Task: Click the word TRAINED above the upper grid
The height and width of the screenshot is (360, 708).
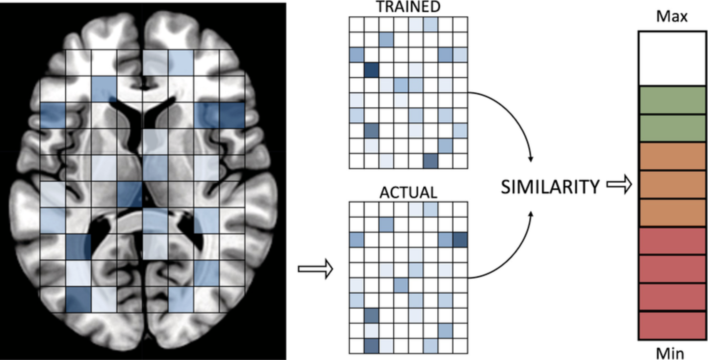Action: [408, 7]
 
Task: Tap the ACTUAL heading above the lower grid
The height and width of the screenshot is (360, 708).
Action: [408, 193]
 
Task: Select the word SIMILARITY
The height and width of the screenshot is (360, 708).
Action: [550, 187]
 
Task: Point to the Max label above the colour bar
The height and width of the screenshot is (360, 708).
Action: [672, 17]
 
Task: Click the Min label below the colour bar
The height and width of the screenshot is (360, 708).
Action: [670, 353]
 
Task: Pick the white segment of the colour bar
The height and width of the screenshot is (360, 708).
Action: [672, 58]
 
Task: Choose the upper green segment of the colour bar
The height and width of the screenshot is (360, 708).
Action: [672, 100]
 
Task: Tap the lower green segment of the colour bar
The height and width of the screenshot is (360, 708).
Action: [672, 128]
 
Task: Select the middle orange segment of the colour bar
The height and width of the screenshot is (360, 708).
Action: [672, 184]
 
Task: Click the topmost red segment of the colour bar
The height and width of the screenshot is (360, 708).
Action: [672, 241]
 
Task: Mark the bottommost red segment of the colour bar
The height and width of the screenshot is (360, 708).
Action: [672, 325]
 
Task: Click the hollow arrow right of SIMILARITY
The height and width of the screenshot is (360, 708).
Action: [619, 184]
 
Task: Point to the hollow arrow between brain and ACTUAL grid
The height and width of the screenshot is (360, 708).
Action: [316, 269]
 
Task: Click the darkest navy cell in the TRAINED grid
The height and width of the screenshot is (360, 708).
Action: [371, 70]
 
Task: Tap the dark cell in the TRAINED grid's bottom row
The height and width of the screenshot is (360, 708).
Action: [430, 161]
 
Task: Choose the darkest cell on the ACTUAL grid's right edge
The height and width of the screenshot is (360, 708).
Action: [460, 240]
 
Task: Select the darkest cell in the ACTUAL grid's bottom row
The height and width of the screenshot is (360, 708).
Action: [371, 346]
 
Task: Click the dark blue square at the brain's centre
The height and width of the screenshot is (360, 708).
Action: [129, 194]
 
